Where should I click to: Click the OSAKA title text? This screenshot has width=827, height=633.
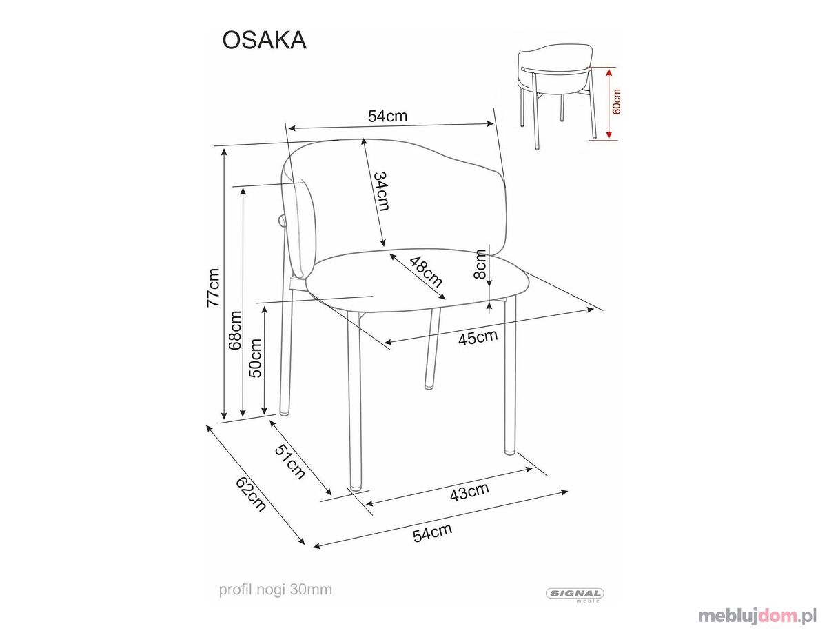click(264, 41)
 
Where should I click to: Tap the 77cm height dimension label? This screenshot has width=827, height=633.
click(213, 288)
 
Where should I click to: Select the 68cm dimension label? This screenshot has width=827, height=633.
click(236, 330)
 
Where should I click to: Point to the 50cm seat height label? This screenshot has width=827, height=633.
click(255, 358)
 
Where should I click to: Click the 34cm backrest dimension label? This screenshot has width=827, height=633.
click(380, 191)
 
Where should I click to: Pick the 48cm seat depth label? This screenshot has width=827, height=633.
click(426, 272)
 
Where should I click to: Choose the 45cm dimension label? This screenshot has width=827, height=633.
click(478, 336)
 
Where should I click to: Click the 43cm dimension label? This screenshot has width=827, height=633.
click(469, 492)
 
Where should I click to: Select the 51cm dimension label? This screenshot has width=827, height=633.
click(289, 461)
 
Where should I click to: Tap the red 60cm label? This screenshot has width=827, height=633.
click(616, 101)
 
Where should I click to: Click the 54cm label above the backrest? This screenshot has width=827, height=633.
click(387, 116)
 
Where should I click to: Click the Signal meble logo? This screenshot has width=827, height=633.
click(575, 594)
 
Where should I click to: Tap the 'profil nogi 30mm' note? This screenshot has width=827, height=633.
click(276, 590)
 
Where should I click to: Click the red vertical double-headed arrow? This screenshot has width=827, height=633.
click(609, 103)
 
